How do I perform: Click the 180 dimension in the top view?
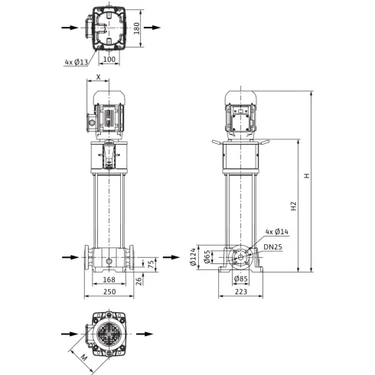[x=137, y=28]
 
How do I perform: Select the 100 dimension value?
[x=109, y=59]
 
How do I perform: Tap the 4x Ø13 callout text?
[x=77, y=62]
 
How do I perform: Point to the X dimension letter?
[x=99, y=77]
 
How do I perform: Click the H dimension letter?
[x=307, y=175]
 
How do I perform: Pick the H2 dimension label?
[x=294, y=206]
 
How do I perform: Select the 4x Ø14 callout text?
[x=277, y=232]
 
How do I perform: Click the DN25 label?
[x=272, y=246]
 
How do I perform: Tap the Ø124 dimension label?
[x=194, y=257]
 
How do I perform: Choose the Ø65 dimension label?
[x=207, y=256]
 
